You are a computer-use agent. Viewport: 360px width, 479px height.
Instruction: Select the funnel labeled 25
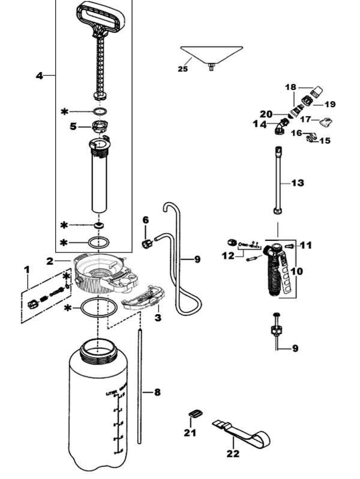212,54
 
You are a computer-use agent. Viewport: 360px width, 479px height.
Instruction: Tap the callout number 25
182,69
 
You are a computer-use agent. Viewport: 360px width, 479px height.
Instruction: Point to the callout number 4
40,76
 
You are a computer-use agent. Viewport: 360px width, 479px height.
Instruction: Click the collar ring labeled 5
100,127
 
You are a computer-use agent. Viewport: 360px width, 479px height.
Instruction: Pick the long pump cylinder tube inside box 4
100,180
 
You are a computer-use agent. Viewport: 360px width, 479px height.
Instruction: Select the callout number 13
298,183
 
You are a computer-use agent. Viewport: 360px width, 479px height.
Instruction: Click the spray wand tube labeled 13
278,180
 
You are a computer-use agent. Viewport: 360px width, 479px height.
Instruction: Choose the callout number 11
306,245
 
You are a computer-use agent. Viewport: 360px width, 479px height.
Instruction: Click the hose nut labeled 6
146,243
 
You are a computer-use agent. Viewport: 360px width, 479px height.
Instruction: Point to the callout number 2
50,261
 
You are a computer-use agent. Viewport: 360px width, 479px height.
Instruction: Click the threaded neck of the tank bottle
98,350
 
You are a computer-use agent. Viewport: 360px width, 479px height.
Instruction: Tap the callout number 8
157,393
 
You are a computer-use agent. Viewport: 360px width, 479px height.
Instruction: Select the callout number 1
26,270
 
